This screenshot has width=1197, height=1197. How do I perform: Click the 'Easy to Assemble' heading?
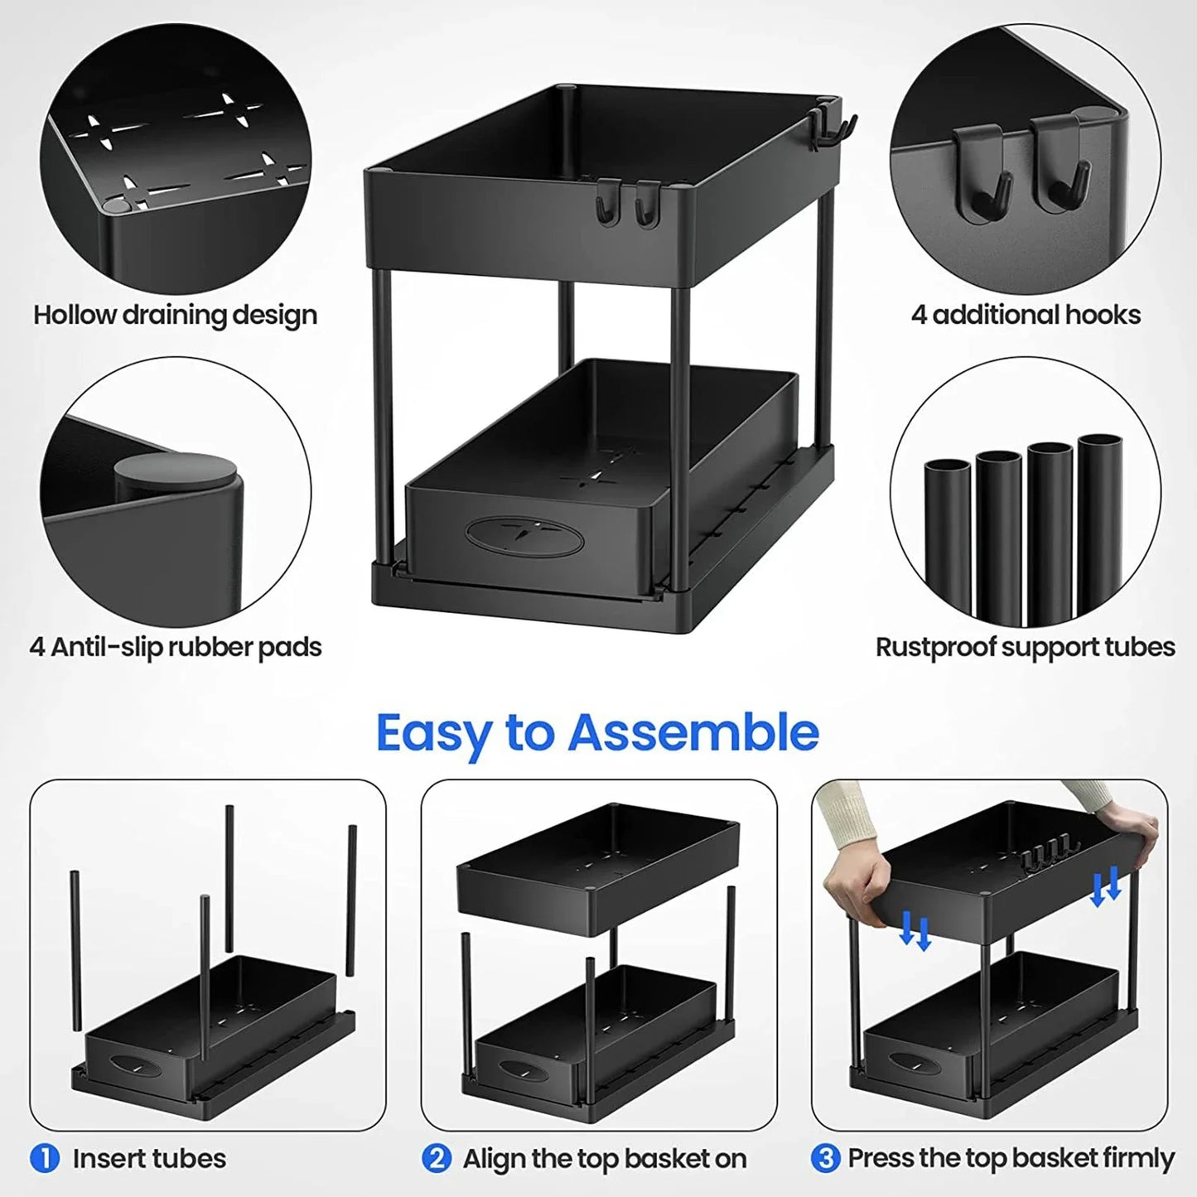point(597,733)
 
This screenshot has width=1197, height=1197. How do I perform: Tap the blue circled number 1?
point(45,1158)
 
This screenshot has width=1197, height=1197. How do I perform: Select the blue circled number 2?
point(436,1158)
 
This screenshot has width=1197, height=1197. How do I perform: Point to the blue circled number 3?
point(825,1158)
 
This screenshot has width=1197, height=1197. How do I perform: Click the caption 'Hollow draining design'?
point(175,316)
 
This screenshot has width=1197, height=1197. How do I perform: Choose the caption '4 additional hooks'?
point(1026,316)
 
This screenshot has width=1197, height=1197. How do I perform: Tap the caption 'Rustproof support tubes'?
point(1025,647)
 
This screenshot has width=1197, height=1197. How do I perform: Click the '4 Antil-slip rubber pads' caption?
point(175,647)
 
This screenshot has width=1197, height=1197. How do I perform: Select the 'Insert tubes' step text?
point(149,1158)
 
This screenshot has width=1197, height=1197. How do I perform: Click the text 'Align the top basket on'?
point(605,1158)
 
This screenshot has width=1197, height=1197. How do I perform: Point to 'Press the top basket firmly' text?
point(1011,1158)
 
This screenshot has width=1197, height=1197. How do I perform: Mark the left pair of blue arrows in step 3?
point(915,929)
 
